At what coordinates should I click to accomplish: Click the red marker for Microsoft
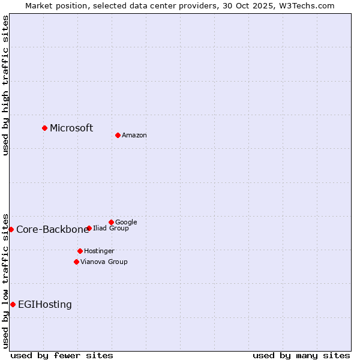click(44, 128)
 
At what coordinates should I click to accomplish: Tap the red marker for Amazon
click(118, 135)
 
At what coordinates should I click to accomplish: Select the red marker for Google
click(111, 222)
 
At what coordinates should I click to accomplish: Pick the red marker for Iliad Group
click(89, 228)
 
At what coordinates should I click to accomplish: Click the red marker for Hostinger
click(80, 251)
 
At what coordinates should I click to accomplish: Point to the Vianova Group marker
click(76, 262)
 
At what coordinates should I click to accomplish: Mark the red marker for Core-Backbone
click(11, 229)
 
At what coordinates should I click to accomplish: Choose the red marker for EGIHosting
click(13, 304)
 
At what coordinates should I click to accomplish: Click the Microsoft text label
click(71, 128)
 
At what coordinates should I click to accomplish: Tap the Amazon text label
click(134, 136)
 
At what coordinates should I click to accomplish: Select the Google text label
click(126, 223)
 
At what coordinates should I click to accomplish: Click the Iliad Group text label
click(111, 229)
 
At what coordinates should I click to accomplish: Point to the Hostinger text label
click(99, 251)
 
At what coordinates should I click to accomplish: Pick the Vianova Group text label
click(104, 262)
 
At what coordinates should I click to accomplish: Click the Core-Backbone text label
click(52, 230)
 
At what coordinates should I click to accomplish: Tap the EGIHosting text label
click(45, 305)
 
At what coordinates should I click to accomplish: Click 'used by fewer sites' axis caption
click(62, 356)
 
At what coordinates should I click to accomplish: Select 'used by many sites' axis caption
click(301, 356)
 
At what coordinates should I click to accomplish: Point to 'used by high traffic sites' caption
click(5, 85)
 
